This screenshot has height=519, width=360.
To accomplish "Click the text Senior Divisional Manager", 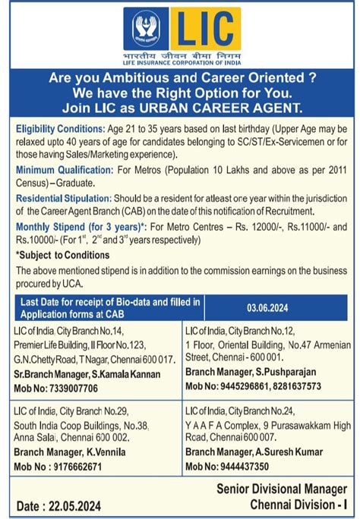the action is click(282, 489).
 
